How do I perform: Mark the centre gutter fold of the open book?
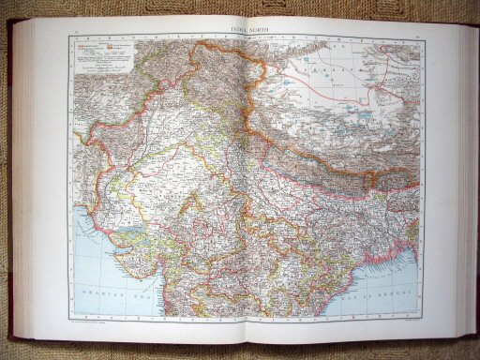[x=246, y=187]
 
